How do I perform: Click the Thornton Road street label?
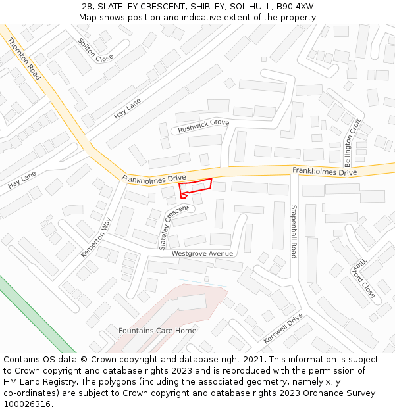(24, 59)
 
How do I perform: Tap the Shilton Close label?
(95, 50)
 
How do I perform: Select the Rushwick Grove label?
(203, 126)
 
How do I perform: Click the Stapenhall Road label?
(294, 231)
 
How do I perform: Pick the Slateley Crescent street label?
(173, 227)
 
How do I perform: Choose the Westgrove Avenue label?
(202, 253)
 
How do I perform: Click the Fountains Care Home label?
(157, 331)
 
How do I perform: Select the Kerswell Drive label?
(283, 327)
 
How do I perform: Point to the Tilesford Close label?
(363, 278)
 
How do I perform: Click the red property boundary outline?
(196, 185)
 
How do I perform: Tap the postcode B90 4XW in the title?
(295, 7)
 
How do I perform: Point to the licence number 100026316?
(28, 404)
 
